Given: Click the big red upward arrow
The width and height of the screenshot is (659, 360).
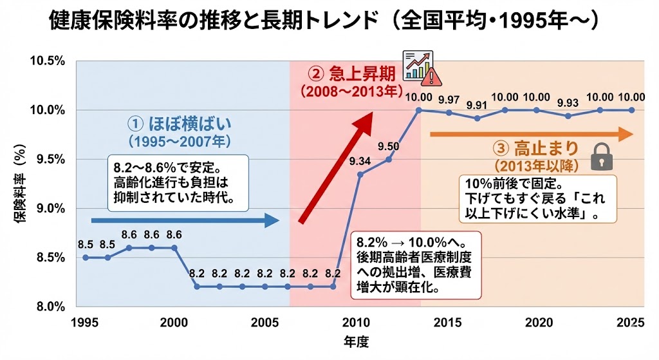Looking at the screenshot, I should (x=336, y=167).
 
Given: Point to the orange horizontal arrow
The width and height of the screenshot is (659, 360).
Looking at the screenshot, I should (x=531, y=135).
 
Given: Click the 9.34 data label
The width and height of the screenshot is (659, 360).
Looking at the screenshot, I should (x=360, y=161).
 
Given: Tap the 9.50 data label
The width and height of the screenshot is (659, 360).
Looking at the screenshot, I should (x=389, y=146).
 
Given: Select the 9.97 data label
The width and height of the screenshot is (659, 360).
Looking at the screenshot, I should (x=449, y=99).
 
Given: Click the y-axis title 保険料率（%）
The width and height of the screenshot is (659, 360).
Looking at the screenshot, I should (x=20, y=183).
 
